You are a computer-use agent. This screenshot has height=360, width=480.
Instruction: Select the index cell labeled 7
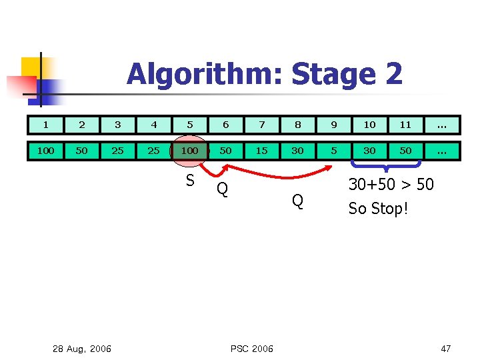coord(262,125)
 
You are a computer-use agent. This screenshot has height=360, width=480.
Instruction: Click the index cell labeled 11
coord(405,125)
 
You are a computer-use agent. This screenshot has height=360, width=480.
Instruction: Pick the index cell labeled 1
coord(45,125)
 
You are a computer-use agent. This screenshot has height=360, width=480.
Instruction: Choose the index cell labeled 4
coord(154,125)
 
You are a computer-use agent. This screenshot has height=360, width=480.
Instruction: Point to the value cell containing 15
coord(262,151)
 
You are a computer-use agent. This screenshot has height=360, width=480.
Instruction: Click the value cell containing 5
coord(333,151)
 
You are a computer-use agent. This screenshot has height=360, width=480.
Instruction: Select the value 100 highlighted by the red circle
coord(190,151)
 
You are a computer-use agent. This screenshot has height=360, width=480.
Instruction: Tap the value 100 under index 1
coord(45,151)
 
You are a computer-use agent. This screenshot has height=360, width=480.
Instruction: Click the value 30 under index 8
coord(297,151)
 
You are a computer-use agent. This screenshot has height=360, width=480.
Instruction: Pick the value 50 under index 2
coord(81,151)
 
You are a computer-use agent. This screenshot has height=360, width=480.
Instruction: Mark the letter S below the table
coord(190,181)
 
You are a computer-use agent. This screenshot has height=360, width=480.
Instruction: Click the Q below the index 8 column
coord(297,200)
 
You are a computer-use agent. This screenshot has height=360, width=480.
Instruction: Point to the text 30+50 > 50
coord(391,185)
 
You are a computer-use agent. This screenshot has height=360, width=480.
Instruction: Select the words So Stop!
coord(377,209)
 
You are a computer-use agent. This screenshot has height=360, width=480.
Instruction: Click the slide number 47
coord(445,349)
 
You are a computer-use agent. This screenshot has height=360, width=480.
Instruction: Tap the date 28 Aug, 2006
coord(82,349)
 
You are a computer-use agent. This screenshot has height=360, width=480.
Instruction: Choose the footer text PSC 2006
coord(251,349)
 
